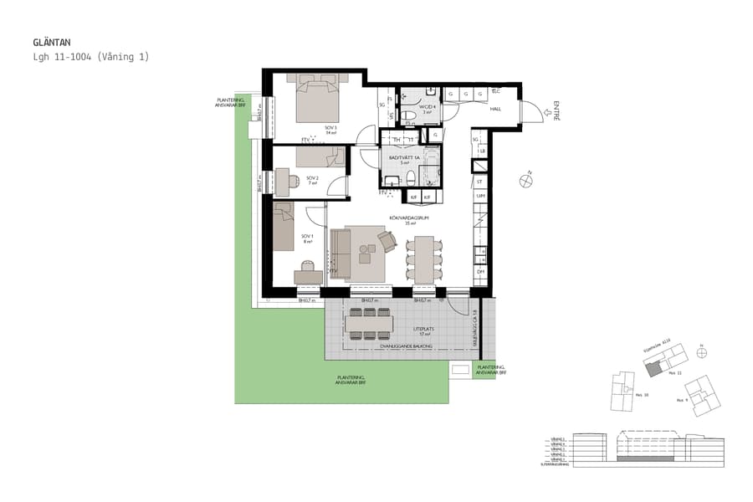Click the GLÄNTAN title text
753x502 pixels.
(51, 42)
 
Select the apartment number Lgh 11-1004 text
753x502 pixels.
(90, 57)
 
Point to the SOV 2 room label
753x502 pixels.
(311, 179)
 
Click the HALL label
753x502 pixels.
(495, 110)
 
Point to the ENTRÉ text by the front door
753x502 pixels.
(555, 111)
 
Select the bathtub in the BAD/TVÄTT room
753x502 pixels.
(429, 167)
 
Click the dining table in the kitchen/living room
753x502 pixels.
(425, 257)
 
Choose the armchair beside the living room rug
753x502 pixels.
(387, 241)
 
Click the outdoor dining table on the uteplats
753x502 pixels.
(368, 323)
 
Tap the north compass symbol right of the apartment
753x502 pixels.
(525, 178)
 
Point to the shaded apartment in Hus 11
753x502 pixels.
(653, 369)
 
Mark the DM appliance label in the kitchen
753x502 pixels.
(480, 272)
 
